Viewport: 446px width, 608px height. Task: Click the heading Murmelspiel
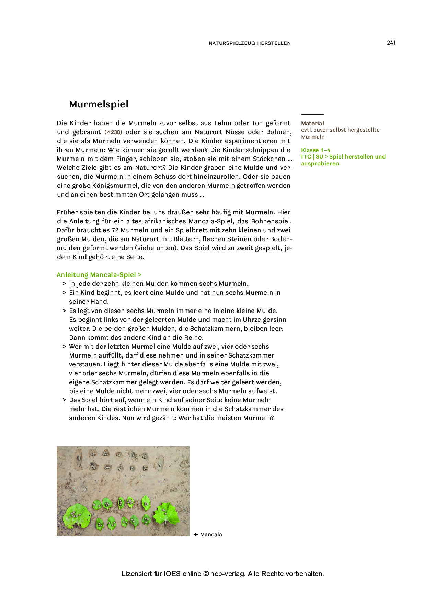(99, 104)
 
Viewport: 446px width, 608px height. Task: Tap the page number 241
(391, 43)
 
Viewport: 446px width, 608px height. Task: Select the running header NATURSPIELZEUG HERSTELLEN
(250, 43)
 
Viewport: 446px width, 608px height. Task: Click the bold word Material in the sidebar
(312, 123)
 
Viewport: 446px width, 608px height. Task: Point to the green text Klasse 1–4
(316, 150)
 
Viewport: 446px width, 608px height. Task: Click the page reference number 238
(116, 132)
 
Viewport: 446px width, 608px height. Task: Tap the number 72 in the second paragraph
(115, 230)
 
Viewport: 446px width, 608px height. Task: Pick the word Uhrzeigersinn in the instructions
(264, 320)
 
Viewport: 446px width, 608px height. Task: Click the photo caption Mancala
(211, 534)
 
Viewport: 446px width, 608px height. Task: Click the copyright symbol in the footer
(206, 574)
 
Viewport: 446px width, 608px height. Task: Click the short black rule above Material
(312, 115)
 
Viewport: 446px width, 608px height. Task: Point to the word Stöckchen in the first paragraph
(269, 159)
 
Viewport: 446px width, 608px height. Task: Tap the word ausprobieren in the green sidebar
(320, 163)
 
